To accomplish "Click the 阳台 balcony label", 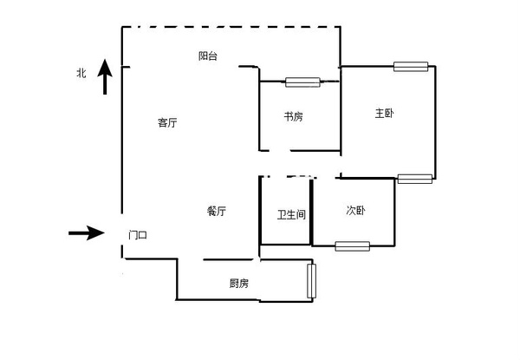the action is (208, 56).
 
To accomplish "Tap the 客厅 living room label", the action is (167, 122).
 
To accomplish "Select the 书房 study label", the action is (293, 116).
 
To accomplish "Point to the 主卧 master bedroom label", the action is (384, 114).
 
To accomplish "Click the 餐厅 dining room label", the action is (217, 211).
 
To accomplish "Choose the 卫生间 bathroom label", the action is (291, 214).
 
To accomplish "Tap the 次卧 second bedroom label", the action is (355, 210).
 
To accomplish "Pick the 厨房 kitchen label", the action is (239, 283).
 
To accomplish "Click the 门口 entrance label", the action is (138, 235).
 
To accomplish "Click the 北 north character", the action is (81, 73).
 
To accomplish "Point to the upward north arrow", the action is (105, 76).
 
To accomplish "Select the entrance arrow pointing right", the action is (87, 233).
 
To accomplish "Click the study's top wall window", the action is (302, 82).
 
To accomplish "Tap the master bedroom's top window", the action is (411, 66).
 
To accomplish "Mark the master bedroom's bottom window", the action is (415, 179).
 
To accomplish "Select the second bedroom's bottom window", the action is (352, 246).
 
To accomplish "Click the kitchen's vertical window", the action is (311, 281).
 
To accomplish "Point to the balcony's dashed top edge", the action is (231, 27).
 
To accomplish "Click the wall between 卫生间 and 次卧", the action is (311, 212).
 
